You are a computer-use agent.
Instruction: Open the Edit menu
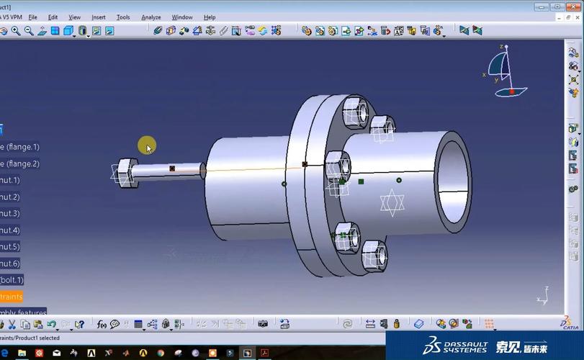(53, 17)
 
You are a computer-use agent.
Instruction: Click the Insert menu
(98, 17)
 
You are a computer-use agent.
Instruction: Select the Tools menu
(123, 17)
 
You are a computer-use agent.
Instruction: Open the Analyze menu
(151, 17)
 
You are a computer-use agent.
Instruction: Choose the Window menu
(182, 17)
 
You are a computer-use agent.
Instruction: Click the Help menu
(210, 17)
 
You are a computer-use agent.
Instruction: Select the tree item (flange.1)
(20, 147)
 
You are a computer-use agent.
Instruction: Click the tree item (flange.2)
(20, 163)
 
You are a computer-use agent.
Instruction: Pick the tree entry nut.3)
(10, 213)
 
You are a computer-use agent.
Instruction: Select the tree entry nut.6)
(10, 264)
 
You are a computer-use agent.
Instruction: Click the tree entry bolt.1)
(12, 280)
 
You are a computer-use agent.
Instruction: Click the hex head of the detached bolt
(127, 173)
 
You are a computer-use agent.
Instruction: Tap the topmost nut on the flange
(355, 112)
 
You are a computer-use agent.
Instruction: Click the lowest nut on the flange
(374, 255)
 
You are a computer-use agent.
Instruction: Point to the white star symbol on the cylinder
(392, 202)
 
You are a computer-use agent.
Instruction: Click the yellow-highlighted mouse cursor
(147, 146)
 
